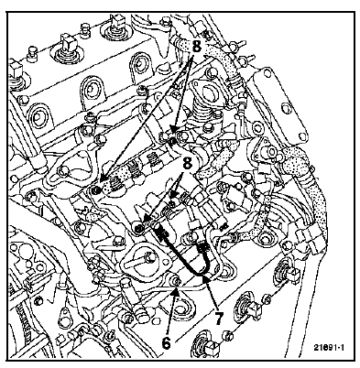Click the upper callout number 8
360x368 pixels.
tap(197, 47)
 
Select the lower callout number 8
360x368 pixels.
tap(187, 164)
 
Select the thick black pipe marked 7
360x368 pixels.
tap(183, 254)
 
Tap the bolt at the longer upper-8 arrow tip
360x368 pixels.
tap(96, 190)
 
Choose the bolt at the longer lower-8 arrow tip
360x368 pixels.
tap(139, 227)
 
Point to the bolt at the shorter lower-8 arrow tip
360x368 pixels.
tap(173, 203)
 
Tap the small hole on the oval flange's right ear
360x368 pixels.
tap(165, 261)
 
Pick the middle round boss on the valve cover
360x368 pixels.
tap(90, 90)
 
